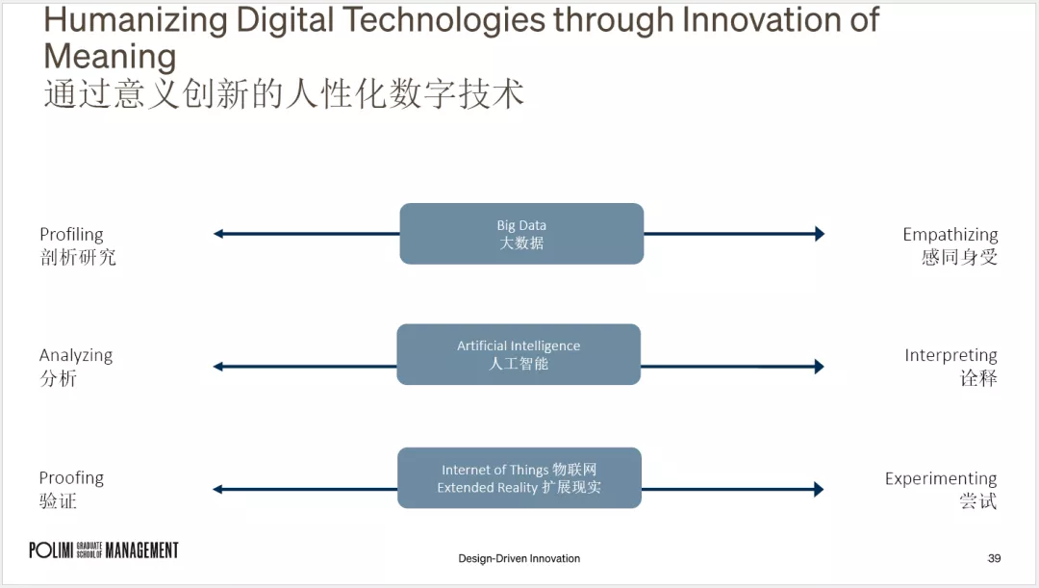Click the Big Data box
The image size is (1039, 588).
click(521, 233)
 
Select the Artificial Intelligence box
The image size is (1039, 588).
click(519, 354)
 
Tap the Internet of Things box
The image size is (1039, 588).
click(519, 478)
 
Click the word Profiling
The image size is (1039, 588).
click(71, 235)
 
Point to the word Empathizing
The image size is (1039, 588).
click(950, 235)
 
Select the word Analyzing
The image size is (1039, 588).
click(76, 355)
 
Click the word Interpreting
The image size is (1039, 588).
click(950, 355)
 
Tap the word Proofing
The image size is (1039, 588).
click(71, 478)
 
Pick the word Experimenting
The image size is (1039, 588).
click(941, 478)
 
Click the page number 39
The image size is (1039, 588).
click(994, 558)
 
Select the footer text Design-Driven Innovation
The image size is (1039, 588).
click(519, 558)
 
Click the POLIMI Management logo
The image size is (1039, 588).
click(104, 550)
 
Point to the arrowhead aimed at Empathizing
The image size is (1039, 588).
click(820, 233)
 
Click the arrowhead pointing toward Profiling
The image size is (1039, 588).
click(218, 233)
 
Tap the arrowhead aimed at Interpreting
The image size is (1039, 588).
click(819, 367)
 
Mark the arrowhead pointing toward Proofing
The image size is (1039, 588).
click(217, 489)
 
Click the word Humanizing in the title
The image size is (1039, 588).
click(136, 20)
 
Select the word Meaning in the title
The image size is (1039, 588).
click(110, 57)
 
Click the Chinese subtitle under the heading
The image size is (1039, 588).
click(284, 92)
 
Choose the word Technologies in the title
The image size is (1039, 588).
click(443, 20)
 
